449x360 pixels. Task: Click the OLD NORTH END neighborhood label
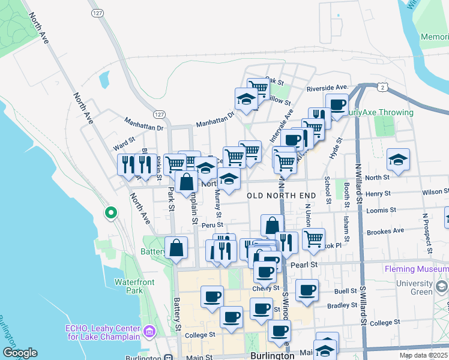point(281,196)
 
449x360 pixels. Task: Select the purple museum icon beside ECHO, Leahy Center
point(149,331)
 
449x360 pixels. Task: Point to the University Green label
point(428,287)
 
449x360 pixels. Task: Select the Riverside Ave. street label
point(327,88)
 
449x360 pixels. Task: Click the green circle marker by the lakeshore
point(110,212)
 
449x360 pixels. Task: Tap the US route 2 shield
point(382,88)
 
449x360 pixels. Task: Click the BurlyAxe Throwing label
point(382,112)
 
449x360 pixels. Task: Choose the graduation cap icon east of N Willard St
point(398,160)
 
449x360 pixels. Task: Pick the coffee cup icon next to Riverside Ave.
point(337,105)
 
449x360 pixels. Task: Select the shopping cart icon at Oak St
point(258,88)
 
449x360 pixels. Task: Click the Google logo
point(20,353)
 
